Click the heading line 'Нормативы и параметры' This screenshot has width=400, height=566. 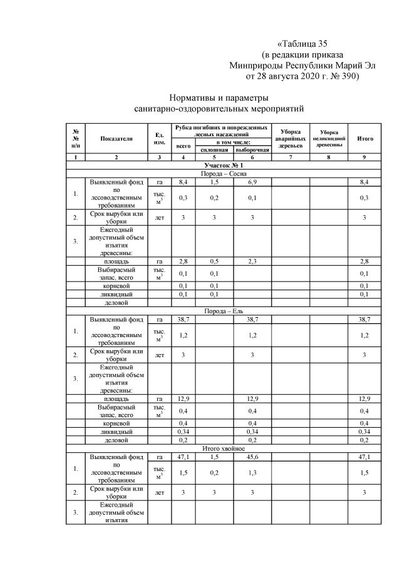(x=220, y=98)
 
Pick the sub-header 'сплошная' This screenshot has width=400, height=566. (x=214, y=150)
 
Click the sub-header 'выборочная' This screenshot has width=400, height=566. (x=252, y=150)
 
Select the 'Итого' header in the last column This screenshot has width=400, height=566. (x=366, y=138)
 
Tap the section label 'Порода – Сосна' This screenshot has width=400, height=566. (x=220, y=173)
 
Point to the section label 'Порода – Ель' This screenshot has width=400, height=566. (x=220, y=311)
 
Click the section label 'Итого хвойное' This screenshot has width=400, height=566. (x=220, y=448)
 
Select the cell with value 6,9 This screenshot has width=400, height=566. (x=252, y=181)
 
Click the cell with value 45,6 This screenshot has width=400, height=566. (x=252, y=457)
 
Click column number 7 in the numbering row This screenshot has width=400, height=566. (x=290, y=158)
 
